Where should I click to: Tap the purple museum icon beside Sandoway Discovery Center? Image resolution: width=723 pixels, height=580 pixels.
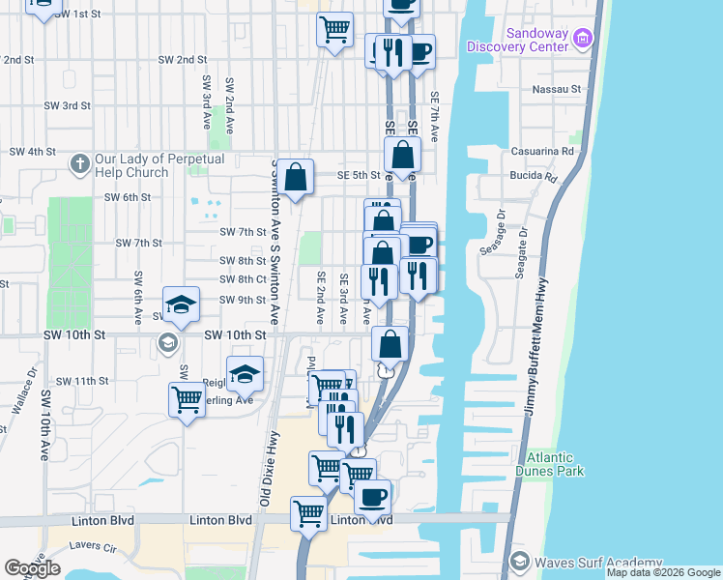click(x=582, y=39)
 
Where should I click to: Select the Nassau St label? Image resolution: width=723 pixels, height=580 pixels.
click(x=556, y=89)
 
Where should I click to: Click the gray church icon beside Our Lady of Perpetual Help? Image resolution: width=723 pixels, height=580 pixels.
click(x=79, y=164)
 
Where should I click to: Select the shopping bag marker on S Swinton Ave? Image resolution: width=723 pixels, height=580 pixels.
click(x=297, y=177)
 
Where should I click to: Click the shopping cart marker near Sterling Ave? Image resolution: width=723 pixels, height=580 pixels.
click(x=186, y=399)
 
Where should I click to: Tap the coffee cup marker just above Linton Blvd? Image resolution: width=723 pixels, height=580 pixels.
click(x=372, y=497)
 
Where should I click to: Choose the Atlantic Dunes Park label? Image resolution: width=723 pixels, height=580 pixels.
click(x=550, y=464)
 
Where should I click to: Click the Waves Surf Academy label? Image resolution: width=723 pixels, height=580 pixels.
click(x=591, y=562)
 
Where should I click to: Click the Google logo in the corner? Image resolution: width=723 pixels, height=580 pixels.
click(x=32, y=568)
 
